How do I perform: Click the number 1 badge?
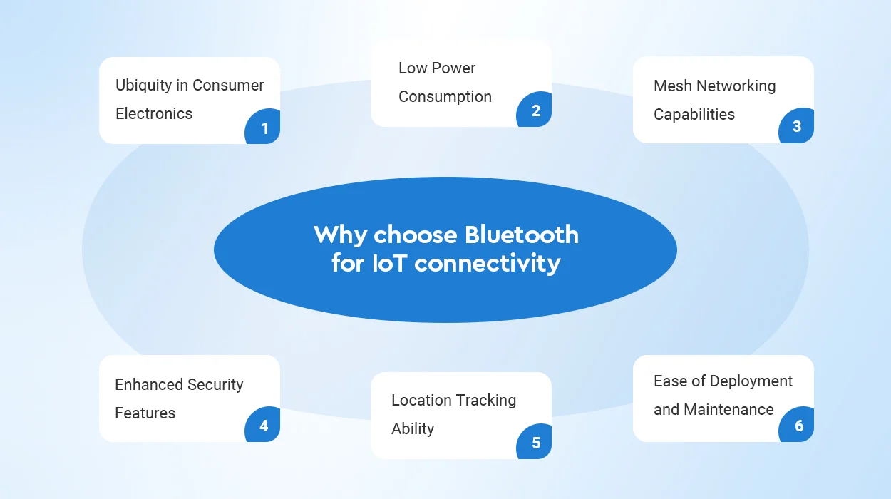[263, 127]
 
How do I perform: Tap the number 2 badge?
[535, 110]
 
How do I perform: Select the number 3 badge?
[797, 125]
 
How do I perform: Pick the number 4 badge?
[263, 425]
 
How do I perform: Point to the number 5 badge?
[535, 442]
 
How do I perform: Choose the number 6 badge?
[797, 425]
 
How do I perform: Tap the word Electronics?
[154, 114]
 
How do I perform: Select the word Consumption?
[445, 98]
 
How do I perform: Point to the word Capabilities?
[694, 115]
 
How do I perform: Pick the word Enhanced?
[149, 385]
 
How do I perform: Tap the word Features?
[145, 413]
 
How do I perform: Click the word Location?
[421, 401]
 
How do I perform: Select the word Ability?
[413, 429]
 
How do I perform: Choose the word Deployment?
[751, 381]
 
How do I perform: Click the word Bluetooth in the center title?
[522, 234]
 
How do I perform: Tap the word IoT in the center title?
[390, 263]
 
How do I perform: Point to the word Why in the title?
[341, 235]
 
